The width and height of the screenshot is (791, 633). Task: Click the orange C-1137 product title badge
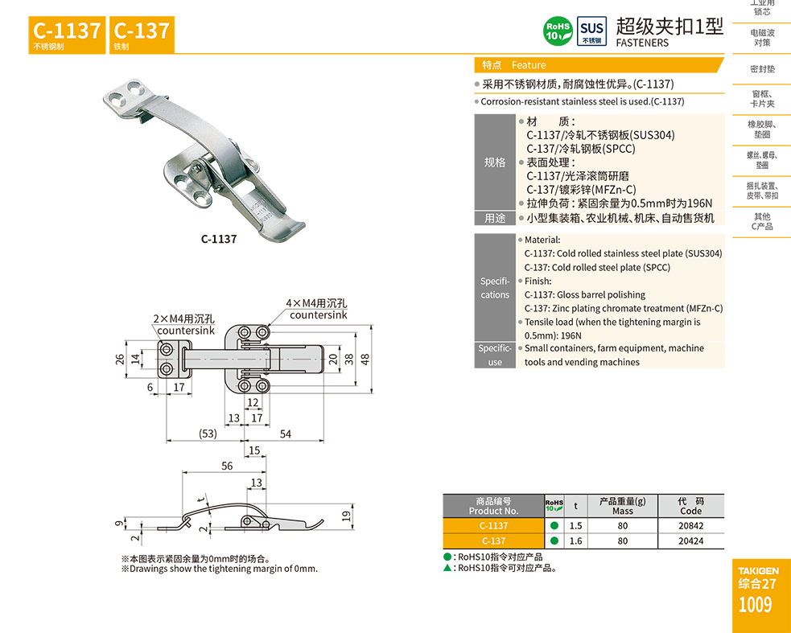[x=67, y=35]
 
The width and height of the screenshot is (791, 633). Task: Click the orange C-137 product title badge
[x=142, y=35]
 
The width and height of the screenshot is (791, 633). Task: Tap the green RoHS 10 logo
[x=558, y=31]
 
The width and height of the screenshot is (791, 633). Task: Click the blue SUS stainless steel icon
[x=591, y=31]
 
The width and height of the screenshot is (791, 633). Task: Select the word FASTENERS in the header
[x=642, y=43]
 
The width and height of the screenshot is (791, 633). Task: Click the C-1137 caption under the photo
[x=219, y=239]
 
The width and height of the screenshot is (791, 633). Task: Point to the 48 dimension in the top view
[x=365, y=359]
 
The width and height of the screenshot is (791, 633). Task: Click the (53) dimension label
[x=208, y=434]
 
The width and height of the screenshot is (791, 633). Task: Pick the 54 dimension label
[x=286, y=434]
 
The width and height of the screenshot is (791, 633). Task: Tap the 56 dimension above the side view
[x=227, y=466]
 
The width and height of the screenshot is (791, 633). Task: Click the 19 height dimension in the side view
[x=346, y=516]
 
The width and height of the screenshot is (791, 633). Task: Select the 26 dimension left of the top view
[x=120, y=359]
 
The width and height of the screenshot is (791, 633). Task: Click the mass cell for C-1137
[x=623, y=525]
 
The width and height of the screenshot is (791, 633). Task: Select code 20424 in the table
[x=690, y=541]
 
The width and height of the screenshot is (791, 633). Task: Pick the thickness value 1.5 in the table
[x=575, y=525]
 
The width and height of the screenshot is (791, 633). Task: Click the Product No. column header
[x=493, y=506]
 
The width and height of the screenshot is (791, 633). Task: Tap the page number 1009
[x=755, y=604]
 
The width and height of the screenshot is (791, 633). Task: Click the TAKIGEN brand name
[x=758, y=570]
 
